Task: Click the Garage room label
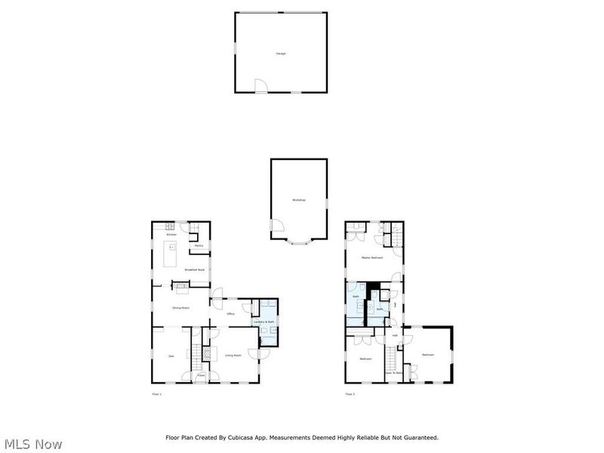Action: tap(281, 54)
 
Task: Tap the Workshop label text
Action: tap(299, 199)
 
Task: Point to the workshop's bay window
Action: tap(299, 243)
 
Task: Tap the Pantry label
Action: tap(199, 246)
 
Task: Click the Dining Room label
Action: tap(180, 308)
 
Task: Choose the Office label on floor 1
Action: tap(230, 313)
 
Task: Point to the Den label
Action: tap(171, 356)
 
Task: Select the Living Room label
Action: tap(233, 355)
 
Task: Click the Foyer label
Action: tap(202, 374)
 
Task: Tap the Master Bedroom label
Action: tap(371, 258)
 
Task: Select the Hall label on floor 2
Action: tap(394, 335)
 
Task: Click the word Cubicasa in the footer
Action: tap(257, 437)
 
